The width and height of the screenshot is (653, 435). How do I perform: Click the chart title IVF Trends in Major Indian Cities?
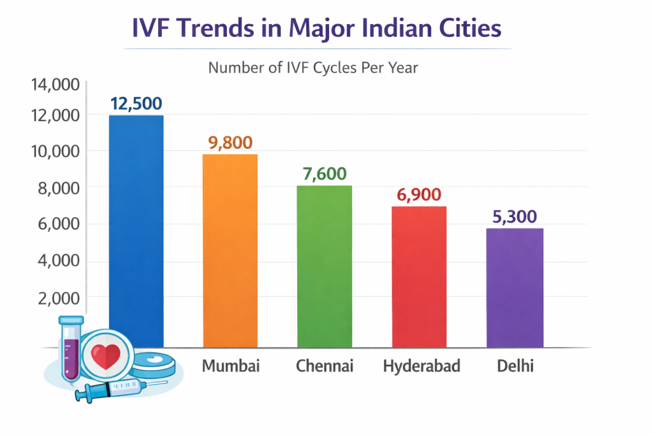click(x=316, y=29)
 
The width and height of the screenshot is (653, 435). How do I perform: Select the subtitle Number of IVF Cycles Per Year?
click(x=313, y=67)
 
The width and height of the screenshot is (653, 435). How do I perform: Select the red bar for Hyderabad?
click(x=419, y=276)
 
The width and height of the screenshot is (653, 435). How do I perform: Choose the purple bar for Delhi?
click(x=515, y=287)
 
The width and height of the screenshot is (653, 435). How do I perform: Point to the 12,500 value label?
click(x=136, y=103)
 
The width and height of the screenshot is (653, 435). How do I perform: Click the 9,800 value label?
click(x=230, y=143)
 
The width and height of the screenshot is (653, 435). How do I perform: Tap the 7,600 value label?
click(x=325, y=174)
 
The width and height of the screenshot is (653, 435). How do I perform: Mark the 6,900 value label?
click(x=419, y=195)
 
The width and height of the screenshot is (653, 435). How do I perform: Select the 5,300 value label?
click(x=515, y=217)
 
